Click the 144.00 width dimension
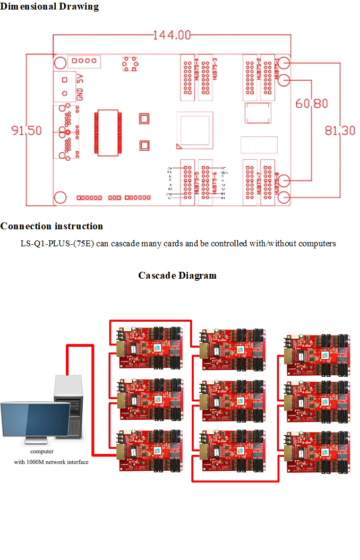[x=172, y=36]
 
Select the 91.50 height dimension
[x=26, y=130]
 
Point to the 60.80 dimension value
[x=312, y=104]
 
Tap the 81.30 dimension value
[x=340, y=130]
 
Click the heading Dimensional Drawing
[x=49, y=6]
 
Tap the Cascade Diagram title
[x=177, y=275]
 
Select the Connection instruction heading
[x=52, y=226]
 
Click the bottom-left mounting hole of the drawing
[x=61, y=197]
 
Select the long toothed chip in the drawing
[x=108, y=133]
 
